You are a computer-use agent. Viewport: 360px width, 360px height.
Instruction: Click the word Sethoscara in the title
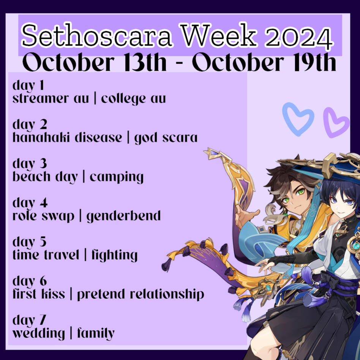click(x=96, y=36)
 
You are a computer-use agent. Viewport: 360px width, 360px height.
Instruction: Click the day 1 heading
click(x=28, y=85)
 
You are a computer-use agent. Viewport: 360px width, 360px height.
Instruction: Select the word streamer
click(x=40, y=99)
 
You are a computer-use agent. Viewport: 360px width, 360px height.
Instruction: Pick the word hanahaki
click(x=41, y=137)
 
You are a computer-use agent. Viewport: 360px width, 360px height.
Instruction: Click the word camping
click(x=117, y=177)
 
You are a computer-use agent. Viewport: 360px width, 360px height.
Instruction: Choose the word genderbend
click(x=123, y=216)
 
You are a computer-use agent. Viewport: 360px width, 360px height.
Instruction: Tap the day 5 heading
click(x=29, y=242)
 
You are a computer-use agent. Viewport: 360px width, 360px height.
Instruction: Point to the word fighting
click(x=115, y=255)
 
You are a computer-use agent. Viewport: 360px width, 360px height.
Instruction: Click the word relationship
click(x=167, y=294)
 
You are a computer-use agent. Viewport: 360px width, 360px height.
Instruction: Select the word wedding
click(x=38, y=333)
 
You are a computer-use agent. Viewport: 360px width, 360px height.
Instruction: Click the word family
click(x=96, y=333)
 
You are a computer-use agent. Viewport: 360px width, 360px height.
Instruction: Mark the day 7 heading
click(x=29, y=320)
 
